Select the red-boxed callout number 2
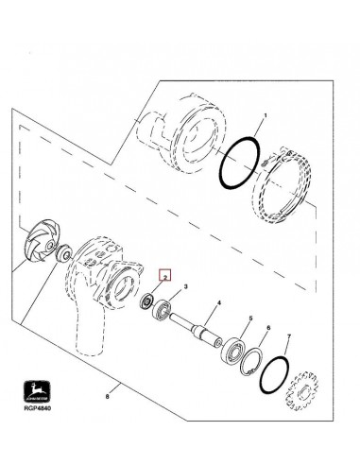click(x=163, y=276)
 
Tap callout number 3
click(x=186, y=285)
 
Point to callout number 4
click(x=217, y=302)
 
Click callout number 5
click(x=249, y=319)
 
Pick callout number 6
click(x=269, y=328)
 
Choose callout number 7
click(x=290, y=337)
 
